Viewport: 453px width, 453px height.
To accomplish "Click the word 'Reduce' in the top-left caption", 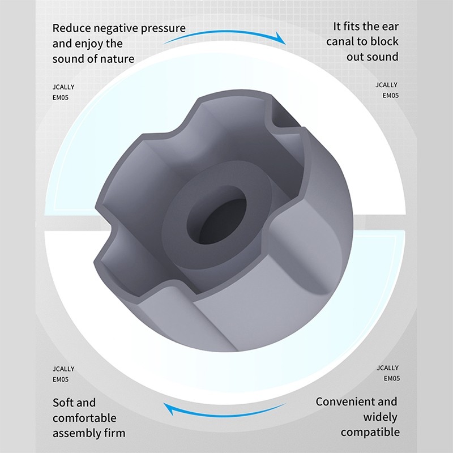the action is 71,28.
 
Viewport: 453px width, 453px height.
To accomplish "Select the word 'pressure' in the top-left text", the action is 163,29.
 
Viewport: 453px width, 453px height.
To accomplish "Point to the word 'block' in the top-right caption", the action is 384,41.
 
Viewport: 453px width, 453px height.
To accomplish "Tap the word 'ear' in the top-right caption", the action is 390,27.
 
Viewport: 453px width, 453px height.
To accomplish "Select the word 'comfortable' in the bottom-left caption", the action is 84,418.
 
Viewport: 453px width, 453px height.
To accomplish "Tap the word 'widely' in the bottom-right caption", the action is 380,417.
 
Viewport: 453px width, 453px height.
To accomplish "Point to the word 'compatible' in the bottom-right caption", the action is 370,433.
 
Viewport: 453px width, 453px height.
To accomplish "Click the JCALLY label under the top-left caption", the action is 63,87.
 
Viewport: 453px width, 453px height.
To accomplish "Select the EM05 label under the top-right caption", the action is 390,96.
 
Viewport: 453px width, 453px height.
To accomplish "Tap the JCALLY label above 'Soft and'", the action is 63,369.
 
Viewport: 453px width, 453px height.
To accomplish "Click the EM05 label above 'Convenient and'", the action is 392,378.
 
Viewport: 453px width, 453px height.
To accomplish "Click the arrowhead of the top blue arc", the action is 280,39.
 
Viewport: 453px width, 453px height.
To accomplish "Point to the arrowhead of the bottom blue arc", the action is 169,409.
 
